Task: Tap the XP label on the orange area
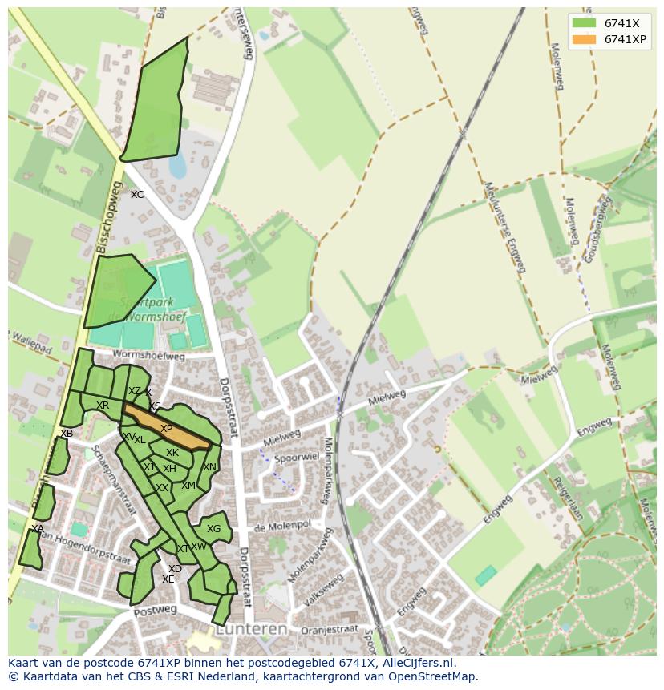coord(166,429)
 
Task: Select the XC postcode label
coord(137,195)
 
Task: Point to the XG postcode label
coord(213,529)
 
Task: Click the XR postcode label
coord(103,406)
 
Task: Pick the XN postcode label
coord(209,467)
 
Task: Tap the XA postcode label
coord(38,529)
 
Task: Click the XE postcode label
coord(168,579)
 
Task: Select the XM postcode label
coord(188,486)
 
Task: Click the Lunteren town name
coord(253,630)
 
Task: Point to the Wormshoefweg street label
coord(148,354)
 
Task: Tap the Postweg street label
coord(155,611)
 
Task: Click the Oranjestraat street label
coord(328,631)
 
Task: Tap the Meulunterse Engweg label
coord(504,228)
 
